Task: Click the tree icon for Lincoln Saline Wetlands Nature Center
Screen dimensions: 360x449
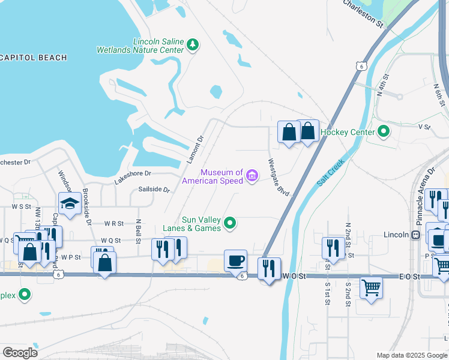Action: (193, 44)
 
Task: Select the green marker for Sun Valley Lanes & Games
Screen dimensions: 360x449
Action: (229, 224)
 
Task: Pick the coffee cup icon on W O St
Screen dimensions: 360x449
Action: (235, 260)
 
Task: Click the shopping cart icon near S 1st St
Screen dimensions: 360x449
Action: (371, 287)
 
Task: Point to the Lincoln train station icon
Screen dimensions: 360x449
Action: (415, 235)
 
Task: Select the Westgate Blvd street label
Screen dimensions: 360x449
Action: (279, 177)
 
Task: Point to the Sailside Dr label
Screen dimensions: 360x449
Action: (154, 190)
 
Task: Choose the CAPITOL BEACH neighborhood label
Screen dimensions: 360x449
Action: (33, 58)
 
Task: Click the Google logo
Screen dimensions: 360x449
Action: (20, 353)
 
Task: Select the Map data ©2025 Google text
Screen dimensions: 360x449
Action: (412, 355)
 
